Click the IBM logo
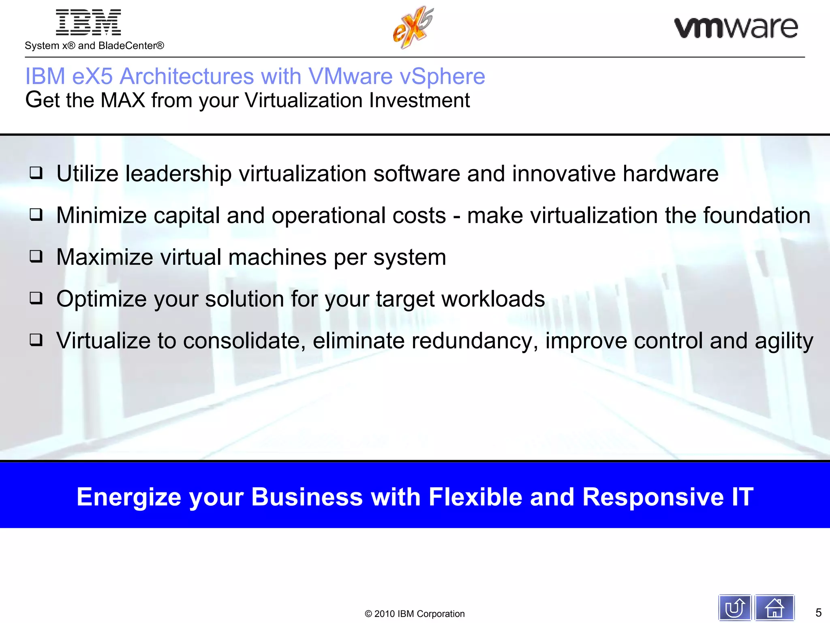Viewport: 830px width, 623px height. point(88,23)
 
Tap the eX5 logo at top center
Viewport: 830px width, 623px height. point(413,28)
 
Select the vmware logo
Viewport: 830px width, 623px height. point(736,28)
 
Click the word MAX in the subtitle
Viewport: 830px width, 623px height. point(123,100)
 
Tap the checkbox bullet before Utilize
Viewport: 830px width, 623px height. point(36,173)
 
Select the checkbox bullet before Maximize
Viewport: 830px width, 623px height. point(36,257)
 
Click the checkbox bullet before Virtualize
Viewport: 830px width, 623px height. point(36,340)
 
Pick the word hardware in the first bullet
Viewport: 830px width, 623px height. point(670,174)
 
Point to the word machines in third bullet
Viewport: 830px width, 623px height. point(277,257)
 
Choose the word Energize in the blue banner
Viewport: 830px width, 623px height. point(129,497)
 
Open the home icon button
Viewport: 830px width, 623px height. point(774,608)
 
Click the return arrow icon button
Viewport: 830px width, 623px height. point(735,608)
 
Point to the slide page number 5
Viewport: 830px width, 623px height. point(818,612)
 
